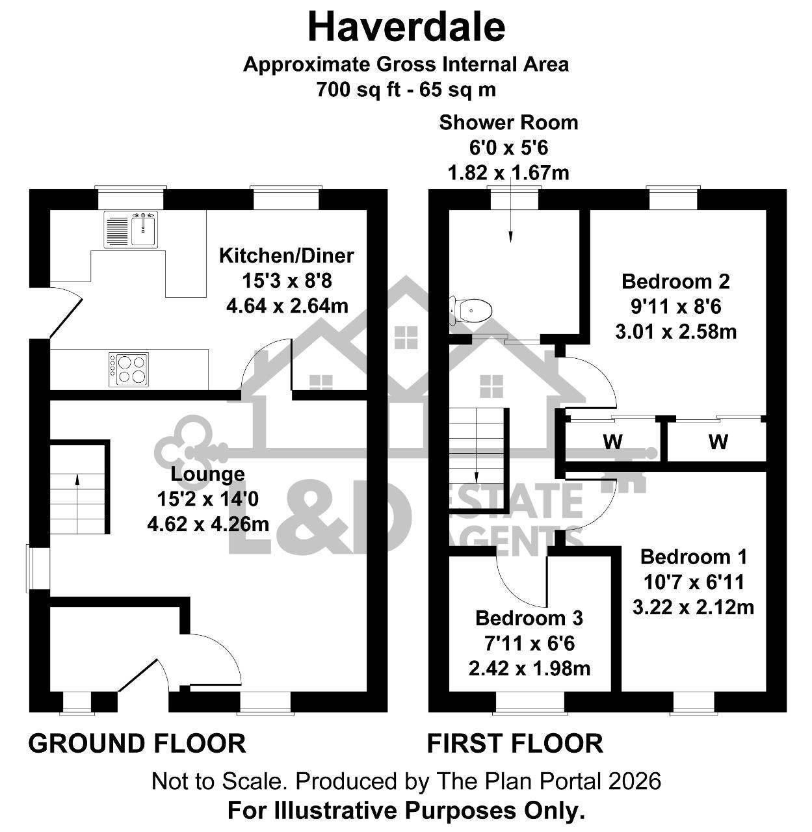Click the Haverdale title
[406, 27]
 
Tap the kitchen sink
[131, 229]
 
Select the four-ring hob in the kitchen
[128, 369]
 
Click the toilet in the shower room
[470, 310]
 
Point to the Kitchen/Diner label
[287, 255]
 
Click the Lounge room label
[207, 474]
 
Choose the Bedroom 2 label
[675, 281]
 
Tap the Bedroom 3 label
[529, 618]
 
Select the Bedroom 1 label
[694, 556]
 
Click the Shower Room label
[508, 123]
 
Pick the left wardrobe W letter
[613, 441]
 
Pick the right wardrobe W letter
[718, 441]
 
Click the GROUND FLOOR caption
[137, 744]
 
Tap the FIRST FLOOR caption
[515, 744]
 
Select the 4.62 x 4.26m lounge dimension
[208, 524]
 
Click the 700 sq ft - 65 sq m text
[406, 90]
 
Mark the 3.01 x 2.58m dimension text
[676, 331]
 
